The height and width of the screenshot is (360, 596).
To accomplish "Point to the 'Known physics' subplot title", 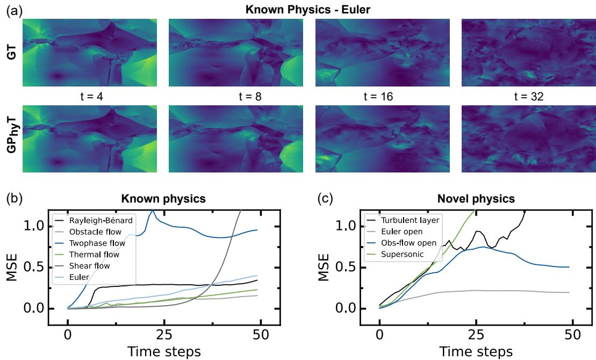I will (163, 199).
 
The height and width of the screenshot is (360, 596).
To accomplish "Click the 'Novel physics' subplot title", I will (476, 199).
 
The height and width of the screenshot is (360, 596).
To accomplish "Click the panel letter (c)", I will (325, 198).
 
